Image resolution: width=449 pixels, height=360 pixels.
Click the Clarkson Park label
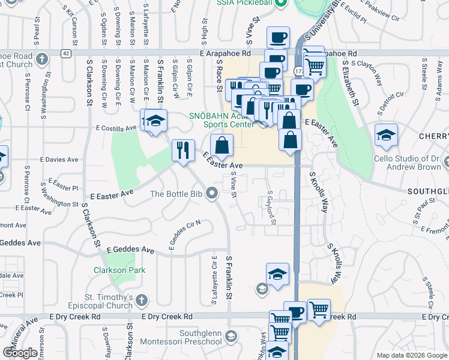[119, 270]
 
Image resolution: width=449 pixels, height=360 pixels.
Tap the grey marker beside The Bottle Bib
[211, 193]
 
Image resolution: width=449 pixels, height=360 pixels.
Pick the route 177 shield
[298, 71]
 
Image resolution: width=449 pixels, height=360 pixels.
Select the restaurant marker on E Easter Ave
[182, 150]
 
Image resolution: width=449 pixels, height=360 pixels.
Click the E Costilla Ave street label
[116, 128]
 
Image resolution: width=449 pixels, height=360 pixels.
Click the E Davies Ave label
[59, 160]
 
